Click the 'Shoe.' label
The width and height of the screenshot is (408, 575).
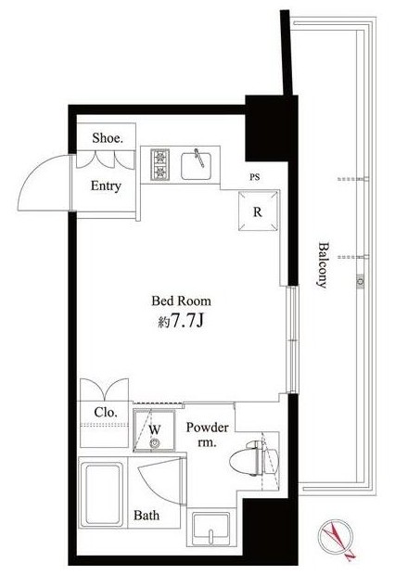coord(108,138)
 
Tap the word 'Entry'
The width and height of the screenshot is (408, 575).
coord(106,185)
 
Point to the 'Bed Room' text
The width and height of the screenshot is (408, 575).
coord(182,301)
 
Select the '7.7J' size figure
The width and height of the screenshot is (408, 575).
coord(187,321)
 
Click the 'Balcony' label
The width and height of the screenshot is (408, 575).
coord(323,264)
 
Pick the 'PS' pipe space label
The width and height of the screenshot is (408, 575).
coord(255,177)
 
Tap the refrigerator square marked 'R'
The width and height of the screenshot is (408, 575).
coord(258,211)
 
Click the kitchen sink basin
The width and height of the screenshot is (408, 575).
coord(197,166)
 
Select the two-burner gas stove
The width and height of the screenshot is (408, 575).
coord(160,165)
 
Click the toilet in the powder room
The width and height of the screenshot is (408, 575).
coord(253,458)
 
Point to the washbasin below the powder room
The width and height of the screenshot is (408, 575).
coord(211,527)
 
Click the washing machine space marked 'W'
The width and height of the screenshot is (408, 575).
coord(154,430)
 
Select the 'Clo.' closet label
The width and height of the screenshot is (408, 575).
coord(106,412)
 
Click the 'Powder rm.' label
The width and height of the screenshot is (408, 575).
coord(207,435)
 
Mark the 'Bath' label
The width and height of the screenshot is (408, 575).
coord(147,516)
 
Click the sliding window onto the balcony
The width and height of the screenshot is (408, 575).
coord(292,339)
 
